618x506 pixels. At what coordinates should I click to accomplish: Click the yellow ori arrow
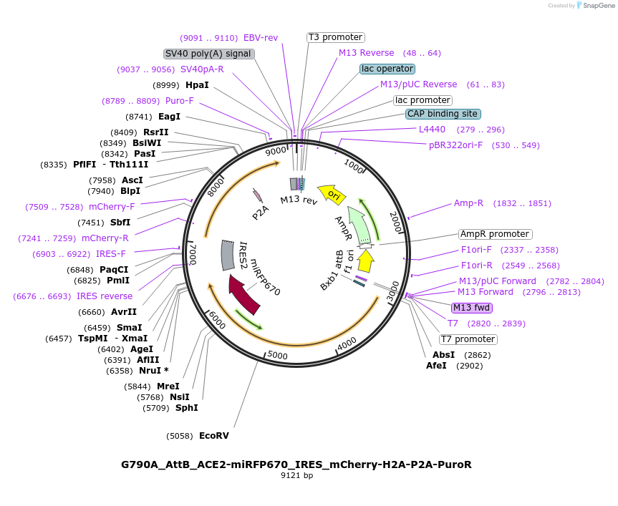(332, 194)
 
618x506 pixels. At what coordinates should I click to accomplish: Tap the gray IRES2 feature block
(228, 256)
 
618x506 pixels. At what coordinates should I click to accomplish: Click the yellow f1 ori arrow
(366, 261)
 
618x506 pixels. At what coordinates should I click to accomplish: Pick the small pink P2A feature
(257, 195)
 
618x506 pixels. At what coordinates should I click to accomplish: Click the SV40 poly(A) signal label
(208, 54)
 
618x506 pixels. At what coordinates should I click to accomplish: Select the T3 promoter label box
(336, 37)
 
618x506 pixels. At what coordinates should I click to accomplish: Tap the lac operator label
(387, 69)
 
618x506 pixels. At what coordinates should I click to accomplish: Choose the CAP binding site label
(443, 114)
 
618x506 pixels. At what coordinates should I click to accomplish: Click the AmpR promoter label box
(496, 234)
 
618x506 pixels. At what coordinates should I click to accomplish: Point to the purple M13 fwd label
(472, 308)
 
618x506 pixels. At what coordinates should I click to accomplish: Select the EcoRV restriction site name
(214, 436)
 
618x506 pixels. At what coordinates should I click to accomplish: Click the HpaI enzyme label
(197, 85)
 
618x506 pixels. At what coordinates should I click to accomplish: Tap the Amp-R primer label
(468, 203)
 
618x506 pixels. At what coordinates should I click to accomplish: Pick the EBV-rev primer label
(261, 38)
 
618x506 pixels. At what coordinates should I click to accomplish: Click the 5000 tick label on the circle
(277, 355)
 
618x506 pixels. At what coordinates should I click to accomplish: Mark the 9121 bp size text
(296, 475)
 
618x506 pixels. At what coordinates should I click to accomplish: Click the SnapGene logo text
(599, 6)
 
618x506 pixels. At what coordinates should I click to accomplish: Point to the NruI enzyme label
(150, 371)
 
